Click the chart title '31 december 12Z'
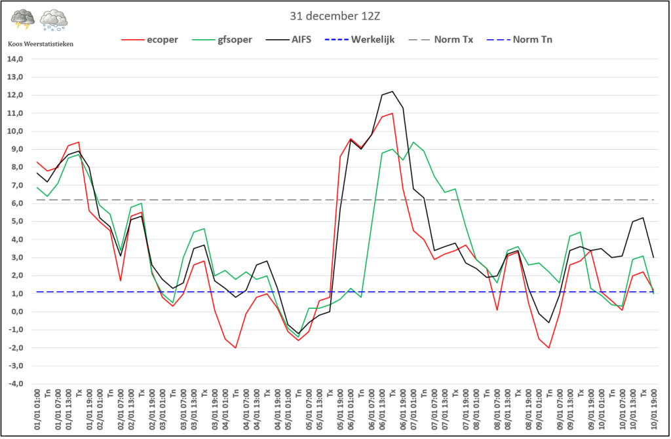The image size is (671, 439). pyautogui.click(x=335, y=16)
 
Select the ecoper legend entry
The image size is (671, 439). pyautogui.click(x=149, y=40)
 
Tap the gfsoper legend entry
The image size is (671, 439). pyautogui.click(x=222, y=40)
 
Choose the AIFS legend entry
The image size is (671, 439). pyautogui.click(x=288, y=40)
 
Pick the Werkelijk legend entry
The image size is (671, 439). pyautogui.click(x=360, y=40)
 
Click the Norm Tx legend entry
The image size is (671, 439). pyautogui.click(x=441, y=40)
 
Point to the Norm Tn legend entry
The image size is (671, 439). pyautogui.click(x=520, y=40)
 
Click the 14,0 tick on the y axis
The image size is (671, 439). pyautogui.click(x=15, y=59)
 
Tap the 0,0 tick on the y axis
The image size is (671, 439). pyautogui.click(x=17, y=311)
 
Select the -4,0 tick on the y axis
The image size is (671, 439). pyautogui.click(x=15, y=383)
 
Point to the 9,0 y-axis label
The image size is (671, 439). pyautogui.click(x=17, y=149)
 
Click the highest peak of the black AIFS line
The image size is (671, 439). pyautogui.click(x=393, y=92)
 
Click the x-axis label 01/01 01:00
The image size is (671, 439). pyautogui.click(x=37, y=410)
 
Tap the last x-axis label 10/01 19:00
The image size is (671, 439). pyautogui.click(x=654, y=410)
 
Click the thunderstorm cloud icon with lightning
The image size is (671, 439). pyautogui.click(x=23, y=20)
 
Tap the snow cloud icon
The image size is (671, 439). pyautogui.click(x=54, y=20)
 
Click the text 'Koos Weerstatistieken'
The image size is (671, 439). pyautogui.click(x=41, y=44)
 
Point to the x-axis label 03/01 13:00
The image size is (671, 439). pyautogui.click(x=194, y=410)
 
